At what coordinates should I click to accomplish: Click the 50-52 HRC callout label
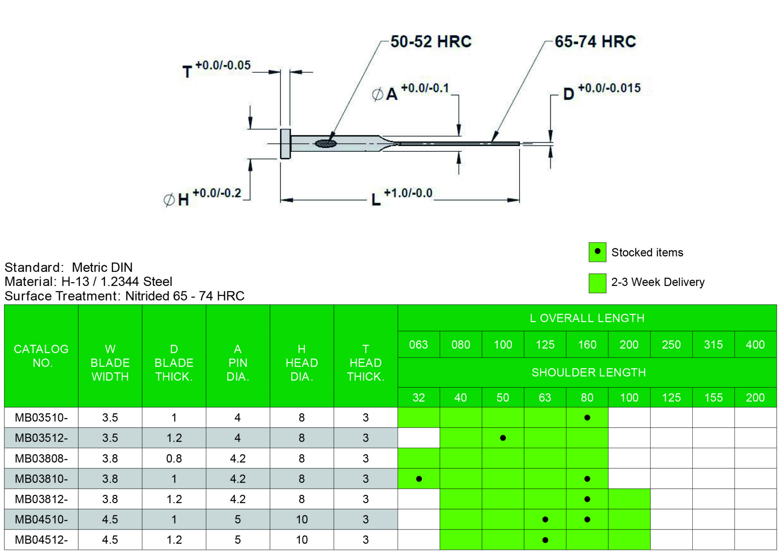click(x=431, y=41)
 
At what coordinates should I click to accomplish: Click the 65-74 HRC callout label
click(x=595, y=41)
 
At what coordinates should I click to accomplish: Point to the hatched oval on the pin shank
click(x=326, y=143)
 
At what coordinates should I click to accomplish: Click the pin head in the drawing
click(x=285, y=144)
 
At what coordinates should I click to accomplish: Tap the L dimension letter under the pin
click(x=376, y=199)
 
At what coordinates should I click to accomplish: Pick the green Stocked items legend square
click(x=597, y=252)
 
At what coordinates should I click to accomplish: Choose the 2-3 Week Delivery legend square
click(x=597, y=283)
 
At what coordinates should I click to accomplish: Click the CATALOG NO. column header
click(x=41, y=356)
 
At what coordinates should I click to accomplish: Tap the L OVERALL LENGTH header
click(x=587, y=318)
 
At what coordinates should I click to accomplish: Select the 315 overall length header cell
click(x=713, y=345)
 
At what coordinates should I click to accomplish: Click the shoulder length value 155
click(x=713, y=397)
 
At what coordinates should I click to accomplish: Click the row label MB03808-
click(x=41, y=458)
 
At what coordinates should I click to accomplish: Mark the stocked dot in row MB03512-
click(x=503, y=438)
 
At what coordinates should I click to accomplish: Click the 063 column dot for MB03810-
click(x=419, y=478)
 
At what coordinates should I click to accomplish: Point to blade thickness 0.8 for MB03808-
click(x=174, y=458)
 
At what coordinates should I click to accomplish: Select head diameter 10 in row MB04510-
click(x=302, y=519)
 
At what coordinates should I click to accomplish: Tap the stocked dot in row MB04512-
click(x=545, y=540)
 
